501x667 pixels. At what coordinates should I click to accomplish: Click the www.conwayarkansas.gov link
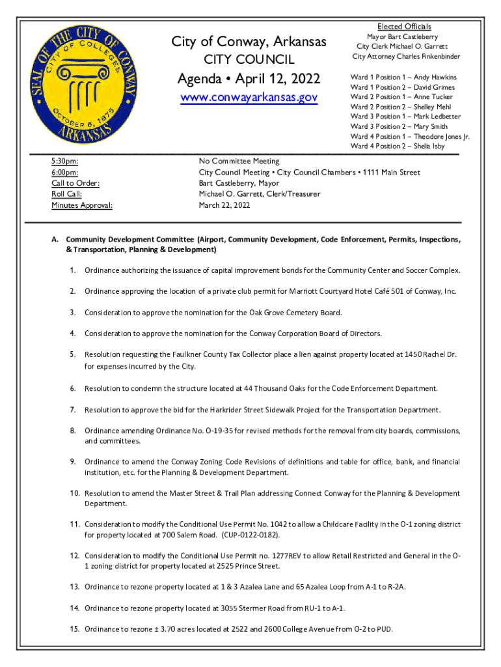249,98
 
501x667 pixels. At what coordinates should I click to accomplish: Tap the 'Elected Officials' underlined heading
405,27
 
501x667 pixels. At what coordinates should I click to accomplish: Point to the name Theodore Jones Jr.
442,136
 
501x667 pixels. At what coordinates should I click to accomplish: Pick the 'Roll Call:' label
66,194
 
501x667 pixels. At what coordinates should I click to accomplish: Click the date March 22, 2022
224,205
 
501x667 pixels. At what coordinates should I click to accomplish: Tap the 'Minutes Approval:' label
81,205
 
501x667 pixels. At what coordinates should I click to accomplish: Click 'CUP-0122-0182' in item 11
251,535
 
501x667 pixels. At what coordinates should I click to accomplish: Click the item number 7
73,410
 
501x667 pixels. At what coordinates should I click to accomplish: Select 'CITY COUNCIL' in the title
249,60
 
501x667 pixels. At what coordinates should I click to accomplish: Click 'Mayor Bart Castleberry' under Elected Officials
402,37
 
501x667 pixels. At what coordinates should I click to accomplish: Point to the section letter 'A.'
56,240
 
